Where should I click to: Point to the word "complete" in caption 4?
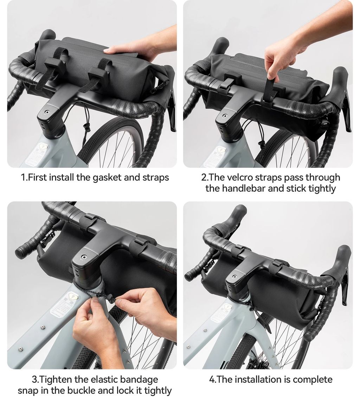(313, 380)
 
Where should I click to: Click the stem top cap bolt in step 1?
(47, 112)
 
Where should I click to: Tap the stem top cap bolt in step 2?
(224, 116)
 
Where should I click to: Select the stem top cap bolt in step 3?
(83, 257)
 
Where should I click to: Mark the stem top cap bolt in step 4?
(234, 276)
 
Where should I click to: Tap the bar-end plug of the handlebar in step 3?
(19, 252)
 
